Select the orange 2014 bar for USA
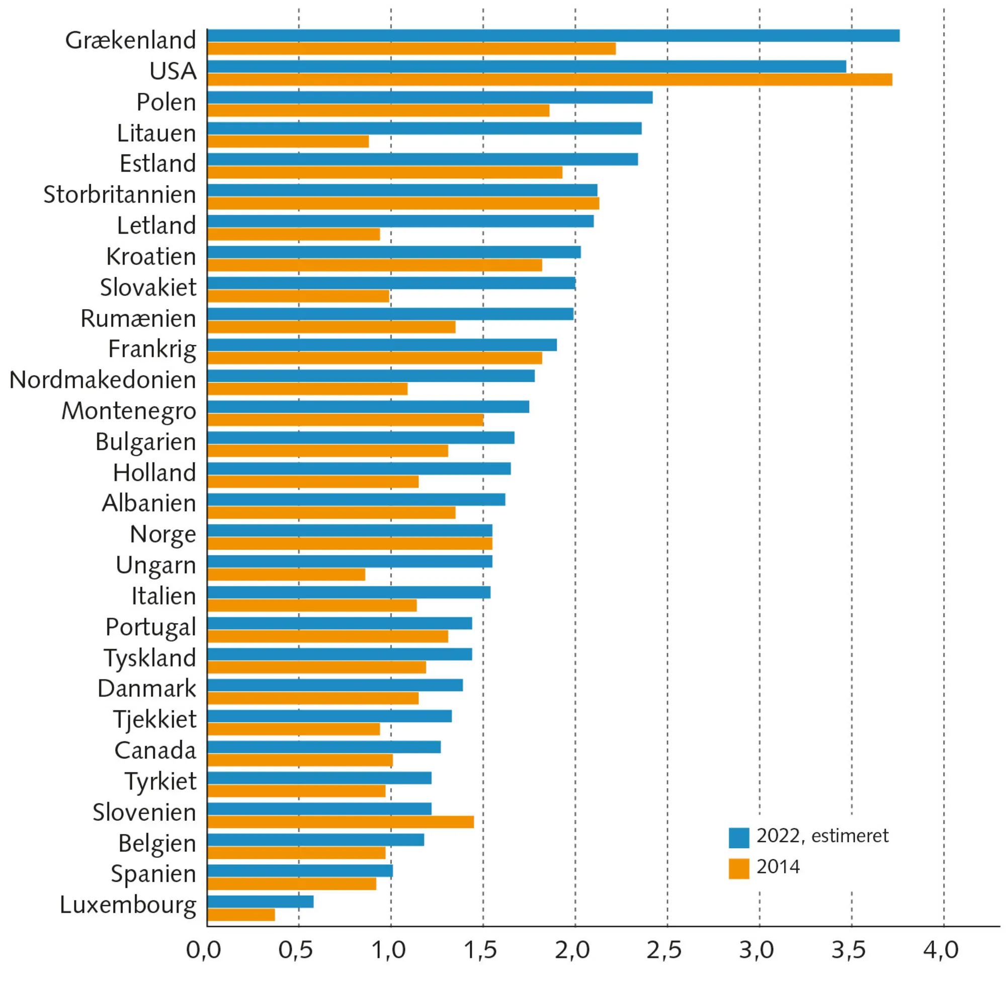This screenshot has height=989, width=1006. click(548, 79)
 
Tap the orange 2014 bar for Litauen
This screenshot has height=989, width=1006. click(288, 141)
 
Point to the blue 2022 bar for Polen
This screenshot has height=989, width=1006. click(429, 97)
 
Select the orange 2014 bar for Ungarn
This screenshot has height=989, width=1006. click(285, 574)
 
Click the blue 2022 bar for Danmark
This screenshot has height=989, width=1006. click(334, 685)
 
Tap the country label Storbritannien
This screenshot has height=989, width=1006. click(119, 195)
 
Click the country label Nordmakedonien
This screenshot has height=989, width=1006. click(103, 380)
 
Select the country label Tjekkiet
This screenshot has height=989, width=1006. click(154, 720)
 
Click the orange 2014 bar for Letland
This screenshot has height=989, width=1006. click(293, 234)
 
